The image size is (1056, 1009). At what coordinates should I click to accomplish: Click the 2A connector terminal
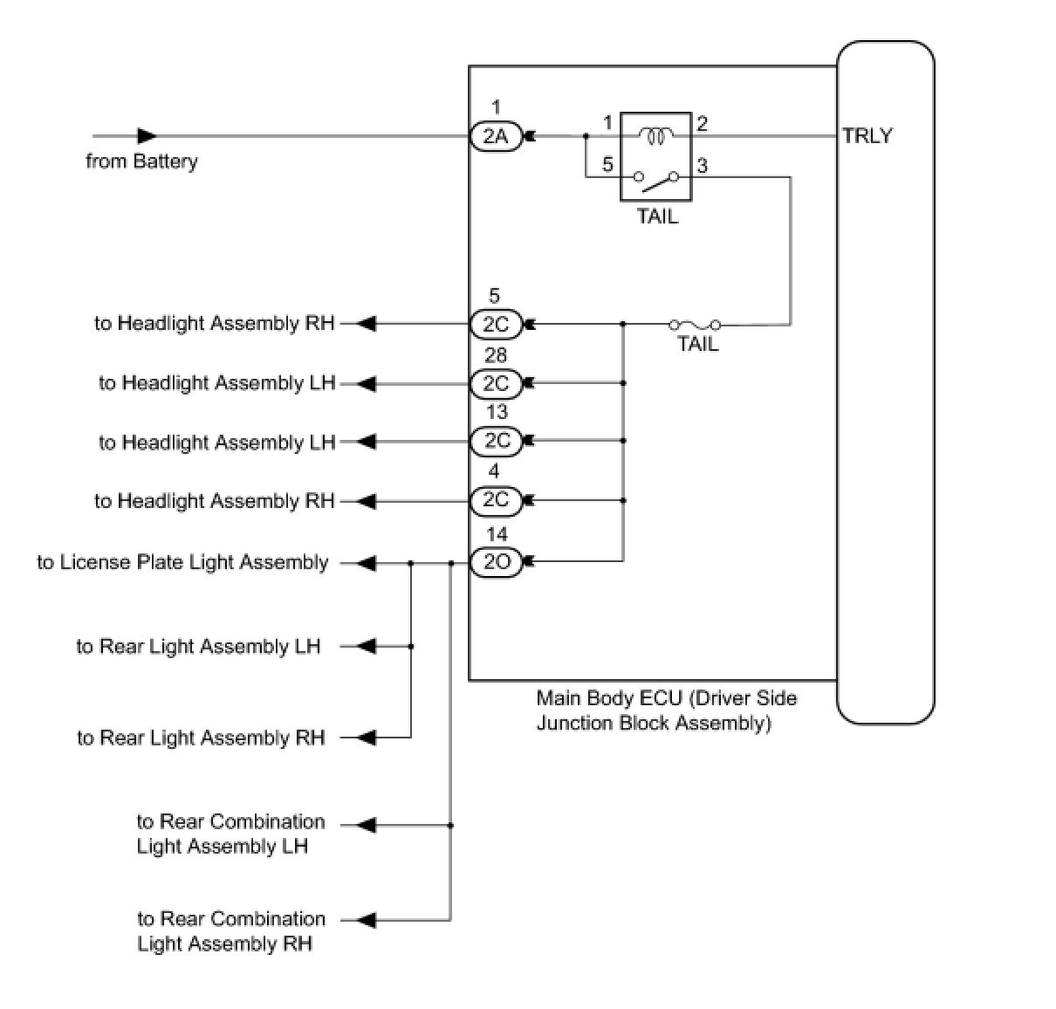pyautogui.click(x=496, y=136)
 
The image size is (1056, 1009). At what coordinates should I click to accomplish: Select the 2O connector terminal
pyautogui.click(x=496, y=562)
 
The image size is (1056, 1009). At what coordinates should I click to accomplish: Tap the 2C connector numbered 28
pyautogui.click(x=496, y=383)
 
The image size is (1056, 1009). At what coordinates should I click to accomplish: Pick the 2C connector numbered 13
pyautogui.click(x=496, y=441)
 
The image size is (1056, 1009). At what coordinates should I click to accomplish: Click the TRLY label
pyautogui.click(x=867, y=136)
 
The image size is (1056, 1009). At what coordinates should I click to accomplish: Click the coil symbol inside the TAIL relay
pyautogui.click(x=655, y=135)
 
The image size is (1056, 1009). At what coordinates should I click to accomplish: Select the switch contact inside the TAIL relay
pyautogui.click(x=656, y=181)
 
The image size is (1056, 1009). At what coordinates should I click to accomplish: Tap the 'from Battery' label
pyautogui.click(x=141, y=161)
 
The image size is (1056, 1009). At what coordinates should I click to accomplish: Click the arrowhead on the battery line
pyautogui.click(x=147, y=136)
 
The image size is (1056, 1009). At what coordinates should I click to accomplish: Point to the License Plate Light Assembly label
pyautogui.click(x=182, y=562)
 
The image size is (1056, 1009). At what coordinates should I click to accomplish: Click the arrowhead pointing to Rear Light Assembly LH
pyautogui.click(x=367, y=647)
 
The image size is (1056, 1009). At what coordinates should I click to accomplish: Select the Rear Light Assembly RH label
pyautogui.click(x=201, y=738)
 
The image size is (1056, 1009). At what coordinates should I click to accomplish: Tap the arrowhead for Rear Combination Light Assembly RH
pyautogui.click(x=367, y=920)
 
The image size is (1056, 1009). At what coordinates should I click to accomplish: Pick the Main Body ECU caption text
pyautogui.click(x=666, y=710)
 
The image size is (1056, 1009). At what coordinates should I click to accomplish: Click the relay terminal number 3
pyautogui.click(x=702, y=165)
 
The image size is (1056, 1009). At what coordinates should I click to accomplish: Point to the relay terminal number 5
pyautogui.click(x=607, y=163)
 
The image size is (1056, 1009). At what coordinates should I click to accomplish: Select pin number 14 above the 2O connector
pyautogui.click(x=496, y=534)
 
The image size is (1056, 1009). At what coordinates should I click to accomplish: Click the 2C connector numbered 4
pyautogui.click(x=496, y=500)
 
